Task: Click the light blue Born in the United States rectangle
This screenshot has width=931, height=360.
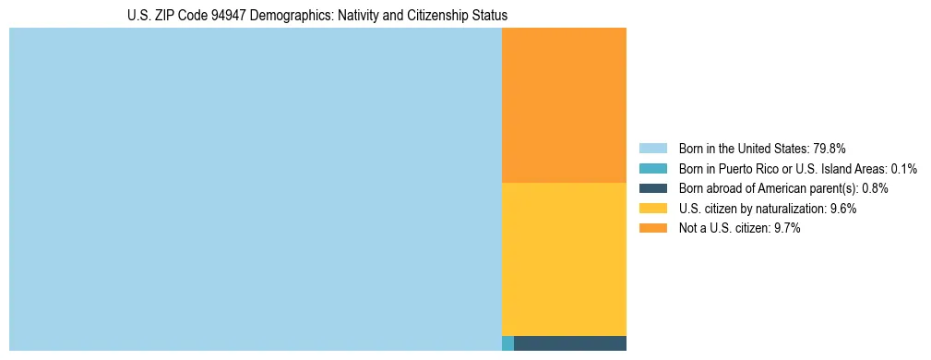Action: click(255, 189)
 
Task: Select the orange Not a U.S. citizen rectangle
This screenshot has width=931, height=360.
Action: click(564, 105)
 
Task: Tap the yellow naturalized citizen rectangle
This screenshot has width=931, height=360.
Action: click(564, 259)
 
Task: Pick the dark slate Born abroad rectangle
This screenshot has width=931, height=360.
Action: click(569, 343)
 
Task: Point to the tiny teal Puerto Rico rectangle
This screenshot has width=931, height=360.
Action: click(507, 343)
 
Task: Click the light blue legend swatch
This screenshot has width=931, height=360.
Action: click(652, 148)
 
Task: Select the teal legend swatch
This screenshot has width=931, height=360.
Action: click(652, 168)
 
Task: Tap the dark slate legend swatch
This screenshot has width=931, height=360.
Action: click(652, 188)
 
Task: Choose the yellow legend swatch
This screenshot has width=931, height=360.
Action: click(652, 209)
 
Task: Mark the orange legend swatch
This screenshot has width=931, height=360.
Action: click(652, 229)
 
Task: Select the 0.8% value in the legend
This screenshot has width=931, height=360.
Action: click(876, 188)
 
